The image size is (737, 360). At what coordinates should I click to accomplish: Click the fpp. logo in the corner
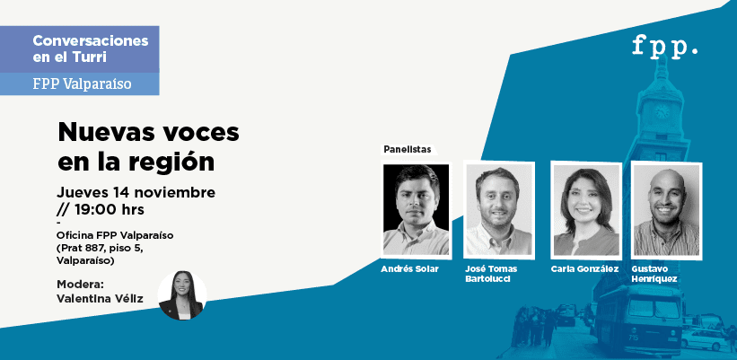(x=664, y=47)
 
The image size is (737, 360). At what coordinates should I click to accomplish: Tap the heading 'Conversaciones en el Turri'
(x=91, y=48)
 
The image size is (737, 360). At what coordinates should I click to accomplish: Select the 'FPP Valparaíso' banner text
(x=82, y=83)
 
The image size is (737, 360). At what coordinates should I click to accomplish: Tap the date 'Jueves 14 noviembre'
(x=136, y=193)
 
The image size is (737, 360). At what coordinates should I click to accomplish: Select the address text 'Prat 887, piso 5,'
(x=101, y=248)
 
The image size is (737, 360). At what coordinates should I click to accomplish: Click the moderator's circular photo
(x=182, y=295)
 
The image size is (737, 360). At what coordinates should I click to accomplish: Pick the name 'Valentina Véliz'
(x=100, y=298)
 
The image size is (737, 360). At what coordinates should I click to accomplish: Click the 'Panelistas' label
(x=407, y=149)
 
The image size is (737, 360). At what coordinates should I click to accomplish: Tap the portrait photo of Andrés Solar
(x=416, y=209)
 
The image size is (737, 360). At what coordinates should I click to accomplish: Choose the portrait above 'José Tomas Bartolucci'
(x=499, y=209)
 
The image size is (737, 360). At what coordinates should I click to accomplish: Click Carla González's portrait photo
(x=586, y=209)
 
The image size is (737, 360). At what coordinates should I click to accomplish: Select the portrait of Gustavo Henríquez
(x=666, y=209)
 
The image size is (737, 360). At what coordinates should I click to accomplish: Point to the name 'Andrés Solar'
(x=409, y=269)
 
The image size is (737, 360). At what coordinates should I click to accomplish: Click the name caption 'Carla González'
(x=584, y=269)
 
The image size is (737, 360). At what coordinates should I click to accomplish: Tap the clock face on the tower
(x=662, y=111)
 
